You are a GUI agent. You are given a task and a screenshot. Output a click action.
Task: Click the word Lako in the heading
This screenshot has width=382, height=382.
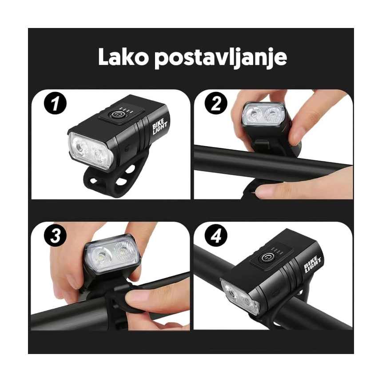click(x=123, y=57)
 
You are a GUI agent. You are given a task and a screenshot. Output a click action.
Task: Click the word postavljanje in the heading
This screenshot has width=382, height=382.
click(x=221, y=59)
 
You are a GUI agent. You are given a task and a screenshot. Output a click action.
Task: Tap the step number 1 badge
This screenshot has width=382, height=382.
click(x=56, y=103)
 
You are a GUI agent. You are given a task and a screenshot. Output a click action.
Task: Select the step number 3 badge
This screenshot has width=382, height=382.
click(x=56, y=235)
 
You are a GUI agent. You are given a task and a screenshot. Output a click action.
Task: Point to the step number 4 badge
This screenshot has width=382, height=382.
click(x=216, y=235)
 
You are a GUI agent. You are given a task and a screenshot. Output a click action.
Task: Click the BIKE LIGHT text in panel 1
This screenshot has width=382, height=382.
click(x=159, y=127)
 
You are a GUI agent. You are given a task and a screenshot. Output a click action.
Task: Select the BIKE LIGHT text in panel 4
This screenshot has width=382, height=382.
click(x=312, y=264)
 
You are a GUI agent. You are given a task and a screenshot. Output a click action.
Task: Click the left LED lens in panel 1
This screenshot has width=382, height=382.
click(x=80, y=147)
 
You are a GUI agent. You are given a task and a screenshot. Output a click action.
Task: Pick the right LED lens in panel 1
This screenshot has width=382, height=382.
click(x=99, y=154)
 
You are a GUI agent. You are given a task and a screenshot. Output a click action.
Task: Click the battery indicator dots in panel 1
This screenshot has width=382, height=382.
click(x=126, y=110)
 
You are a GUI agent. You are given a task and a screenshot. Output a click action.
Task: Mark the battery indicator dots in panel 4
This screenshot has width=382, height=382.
click(x=278, y=251)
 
